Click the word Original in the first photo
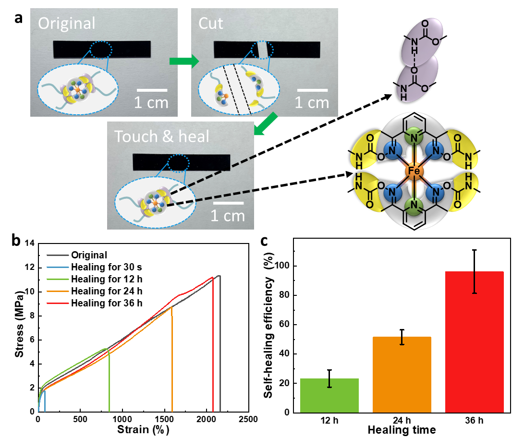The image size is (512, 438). (67, 24)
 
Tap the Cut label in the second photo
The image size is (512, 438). (211, 24)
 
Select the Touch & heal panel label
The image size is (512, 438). (162, 136)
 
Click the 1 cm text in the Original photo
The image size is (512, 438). (151, 103)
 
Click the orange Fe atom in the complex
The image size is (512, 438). (414, 171)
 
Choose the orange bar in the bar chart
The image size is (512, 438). (402, 375)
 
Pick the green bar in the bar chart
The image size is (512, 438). (329, 395)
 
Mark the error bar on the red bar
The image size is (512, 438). (475, 282)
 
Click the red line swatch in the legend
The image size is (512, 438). (58, 304)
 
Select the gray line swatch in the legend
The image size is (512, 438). (58, 255)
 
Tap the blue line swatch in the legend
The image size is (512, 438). (58, 267)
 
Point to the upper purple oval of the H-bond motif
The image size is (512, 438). (422, 38)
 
